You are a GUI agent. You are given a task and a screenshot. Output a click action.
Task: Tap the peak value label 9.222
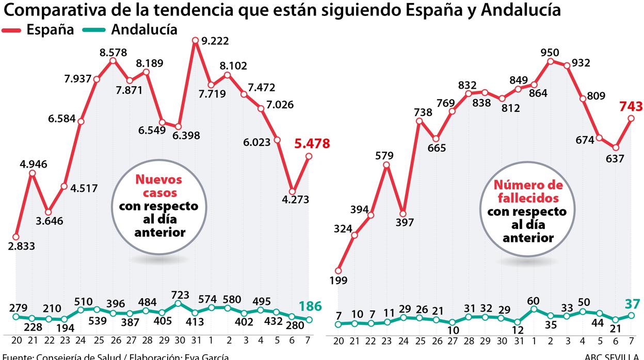pos(216,41)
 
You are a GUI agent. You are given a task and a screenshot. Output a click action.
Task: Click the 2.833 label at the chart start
pos(22,246)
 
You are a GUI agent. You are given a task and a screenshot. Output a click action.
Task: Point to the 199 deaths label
pos(339,281)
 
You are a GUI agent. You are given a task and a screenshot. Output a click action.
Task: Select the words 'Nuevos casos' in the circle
pos(158,186)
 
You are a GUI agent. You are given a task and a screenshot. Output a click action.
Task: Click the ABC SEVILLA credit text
pos(614,356)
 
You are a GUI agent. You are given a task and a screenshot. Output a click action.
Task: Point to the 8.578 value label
pos(113,52)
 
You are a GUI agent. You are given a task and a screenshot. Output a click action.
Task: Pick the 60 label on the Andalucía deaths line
pos(534,301)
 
